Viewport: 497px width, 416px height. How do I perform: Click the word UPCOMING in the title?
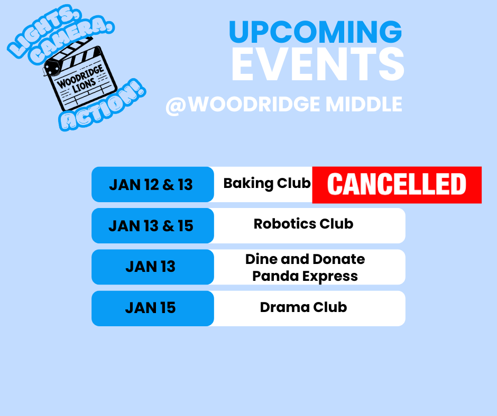[315, 33]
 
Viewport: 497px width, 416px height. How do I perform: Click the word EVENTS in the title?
[317, 64]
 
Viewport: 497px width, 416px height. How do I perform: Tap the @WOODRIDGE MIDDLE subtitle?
[284, 104]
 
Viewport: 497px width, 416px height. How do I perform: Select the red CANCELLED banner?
[397, 185]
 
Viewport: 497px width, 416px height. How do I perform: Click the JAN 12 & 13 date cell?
[151, 185]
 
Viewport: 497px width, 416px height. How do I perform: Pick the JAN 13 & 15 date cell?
[151, 226]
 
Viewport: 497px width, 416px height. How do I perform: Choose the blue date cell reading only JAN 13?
[151, 267]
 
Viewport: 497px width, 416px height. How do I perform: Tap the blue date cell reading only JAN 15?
[151, 308]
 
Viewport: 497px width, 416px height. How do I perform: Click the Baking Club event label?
[267, 183]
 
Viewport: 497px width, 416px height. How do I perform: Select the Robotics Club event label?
[303, 224]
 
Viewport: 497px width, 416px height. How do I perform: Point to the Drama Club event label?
[303, 307]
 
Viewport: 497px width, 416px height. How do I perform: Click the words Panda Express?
[305, 276]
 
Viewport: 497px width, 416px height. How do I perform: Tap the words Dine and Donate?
[305, 259]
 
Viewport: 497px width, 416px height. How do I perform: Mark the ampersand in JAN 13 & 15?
[168, 226]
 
